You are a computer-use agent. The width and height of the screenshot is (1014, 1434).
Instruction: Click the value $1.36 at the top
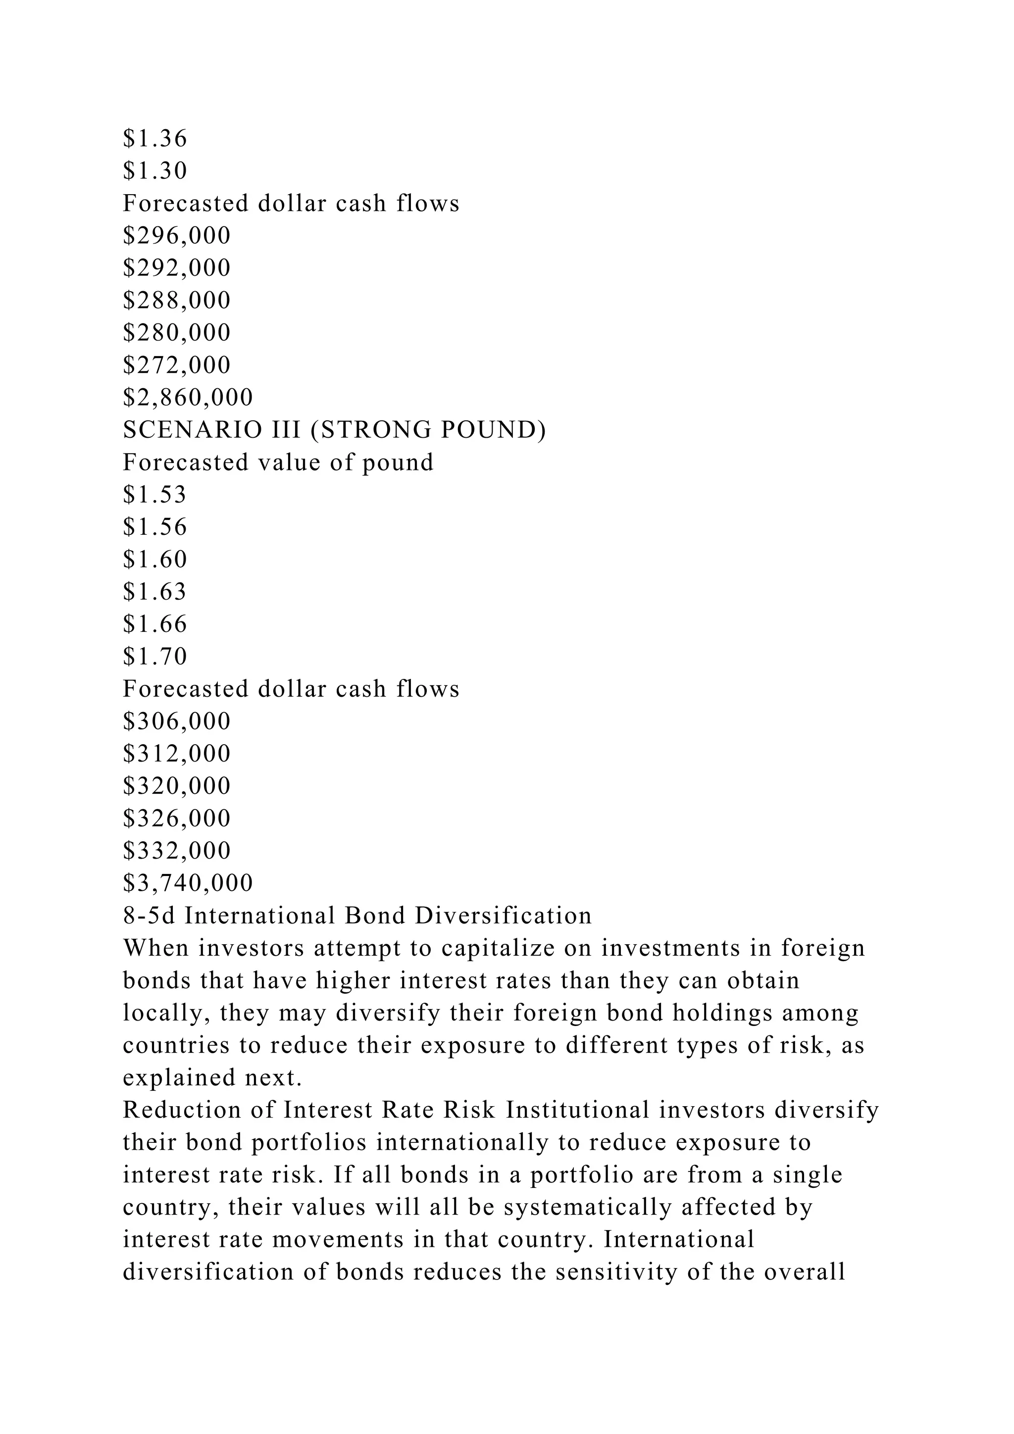point(155,139)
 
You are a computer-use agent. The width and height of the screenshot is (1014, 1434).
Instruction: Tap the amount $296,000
point(177,236)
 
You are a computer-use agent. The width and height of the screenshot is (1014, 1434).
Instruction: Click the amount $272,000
point(177,365)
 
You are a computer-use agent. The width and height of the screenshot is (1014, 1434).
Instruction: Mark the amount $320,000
point(177,786)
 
